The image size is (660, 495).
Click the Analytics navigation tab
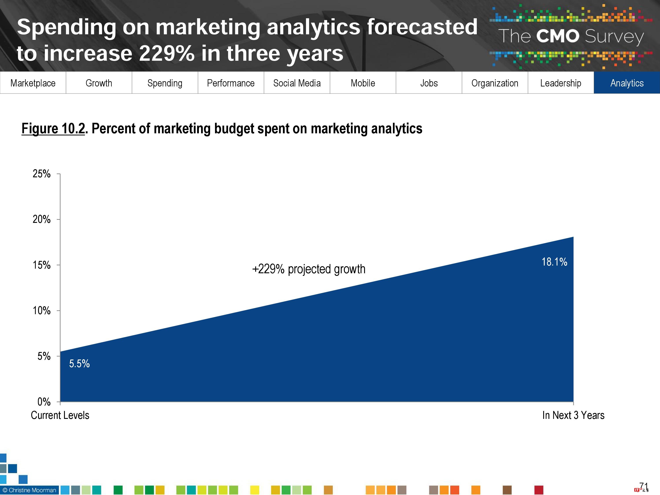[627, 83]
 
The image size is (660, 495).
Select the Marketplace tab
[33, 83]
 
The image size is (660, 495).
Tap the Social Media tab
[297, 83]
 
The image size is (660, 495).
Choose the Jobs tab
[429, 83]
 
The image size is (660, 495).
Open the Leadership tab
[560, 83]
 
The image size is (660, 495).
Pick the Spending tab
[165, 83]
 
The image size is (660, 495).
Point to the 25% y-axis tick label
[42, 174]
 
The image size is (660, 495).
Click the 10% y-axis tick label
[42, 311]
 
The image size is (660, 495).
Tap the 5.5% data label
[79, 363]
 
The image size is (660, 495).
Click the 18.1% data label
[554, 262]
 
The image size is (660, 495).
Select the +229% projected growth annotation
[308, 269]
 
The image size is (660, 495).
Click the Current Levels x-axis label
[60, 415]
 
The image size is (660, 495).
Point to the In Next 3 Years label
[573, 415]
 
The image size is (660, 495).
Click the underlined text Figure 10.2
[53, 129]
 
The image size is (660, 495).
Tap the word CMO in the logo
[557, 36]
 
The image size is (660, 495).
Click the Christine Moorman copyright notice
[29, 490]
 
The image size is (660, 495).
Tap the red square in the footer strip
[539, 490]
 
